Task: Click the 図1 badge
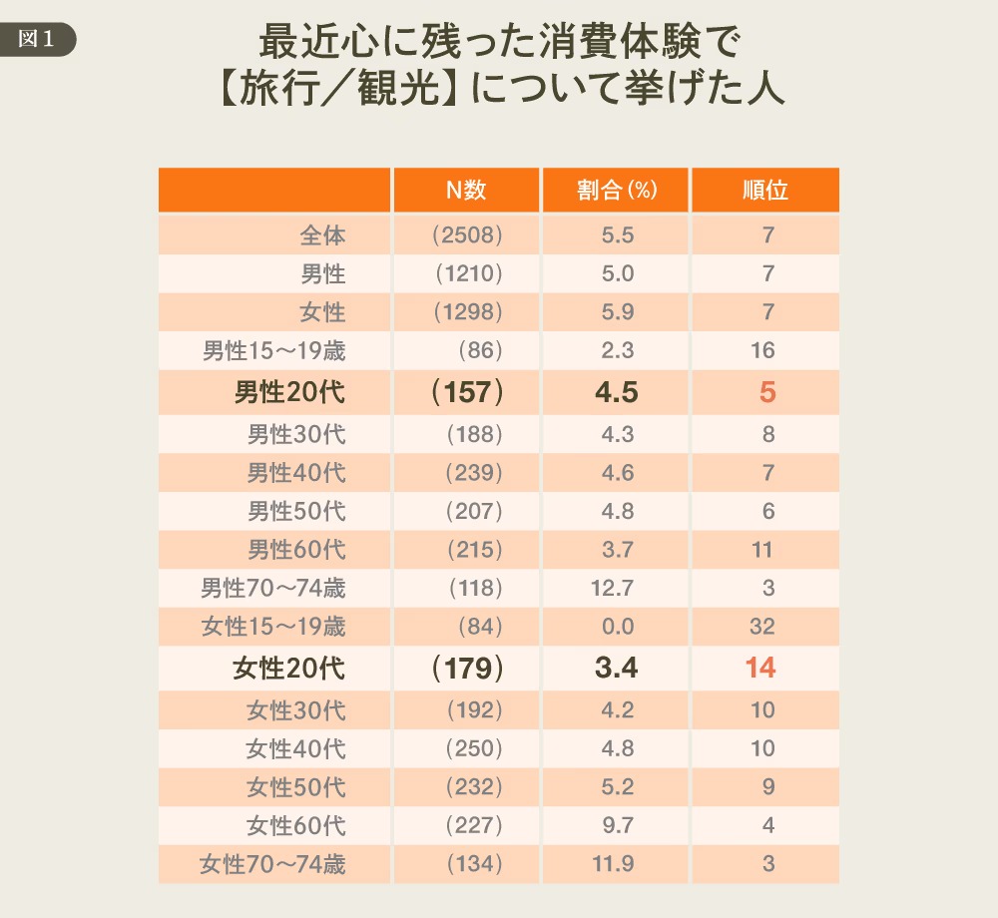click(37, 40)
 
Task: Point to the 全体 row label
click(322, 236)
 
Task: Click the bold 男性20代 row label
click(289, 392)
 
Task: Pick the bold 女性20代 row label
click(289, 668)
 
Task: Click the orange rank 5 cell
click(766, 392)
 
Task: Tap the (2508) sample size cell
click(466, 236)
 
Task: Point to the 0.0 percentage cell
click(617, 627)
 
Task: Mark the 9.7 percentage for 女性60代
click(617, 825)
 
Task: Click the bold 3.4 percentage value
click(616, 668)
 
